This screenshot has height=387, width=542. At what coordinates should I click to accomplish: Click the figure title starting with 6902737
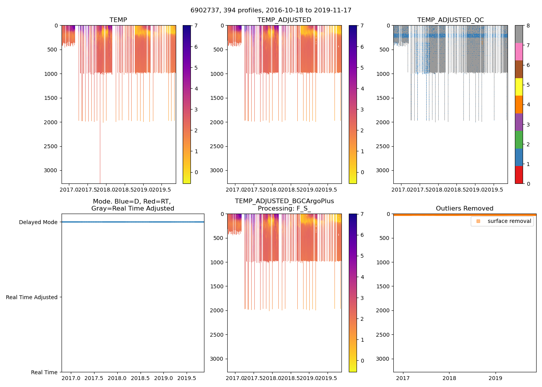pyautogui.click(x=271, y=10)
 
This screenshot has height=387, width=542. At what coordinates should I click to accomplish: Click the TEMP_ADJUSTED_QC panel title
pyautogui.click(x=450, y=20)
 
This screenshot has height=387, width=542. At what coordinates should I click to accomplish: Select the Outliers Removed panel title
pyautogui.click(x=465, y=208)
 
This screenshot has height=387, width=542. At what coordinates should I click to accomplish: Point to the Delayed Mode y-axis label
pyautogui.click(x=38, y=222)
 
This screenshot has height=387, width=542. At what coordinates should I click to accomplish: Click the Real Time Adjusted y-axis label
pyautogui.click(x=31, y=297)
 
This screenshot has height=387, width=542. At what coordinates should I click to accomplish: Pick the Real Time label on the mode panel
pyautogui.click(x=44, y=372)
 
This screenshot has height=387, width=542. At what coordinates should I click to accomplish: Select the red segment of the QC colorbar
pyautogui.click(x=519, y=175)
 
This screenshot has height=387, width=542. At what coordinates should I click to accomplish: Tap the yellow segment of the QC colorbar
pyautogui.click(x=519, y=87)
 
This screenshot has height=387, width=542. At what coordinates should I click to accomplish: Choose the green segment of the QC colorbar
pyautogui.click(x=519, y=140)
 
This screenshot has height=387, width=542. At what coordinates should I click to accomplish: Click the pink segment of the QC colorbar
pyautogui.click(x=519, y=51)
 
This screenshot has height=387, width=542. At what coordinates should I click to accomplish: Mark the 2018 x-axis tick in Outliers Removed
pyautogui.click(x=449, y=378)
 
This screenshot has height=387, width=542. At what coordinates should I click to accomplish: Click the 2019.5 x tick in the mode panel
pyautogui.click(x=187, y=378)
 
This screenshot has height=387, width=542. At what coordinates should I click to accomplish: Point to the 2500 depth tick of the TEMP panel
pyautogui.click(x=50, y=146)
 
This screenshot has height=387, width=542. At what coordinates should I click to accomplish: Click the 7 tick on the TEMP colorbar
pyautogui.click(x=196, y=26)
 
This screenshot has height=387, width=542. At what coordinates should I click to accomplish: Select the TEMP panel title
pyautogui.click(x=118, y=20)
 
